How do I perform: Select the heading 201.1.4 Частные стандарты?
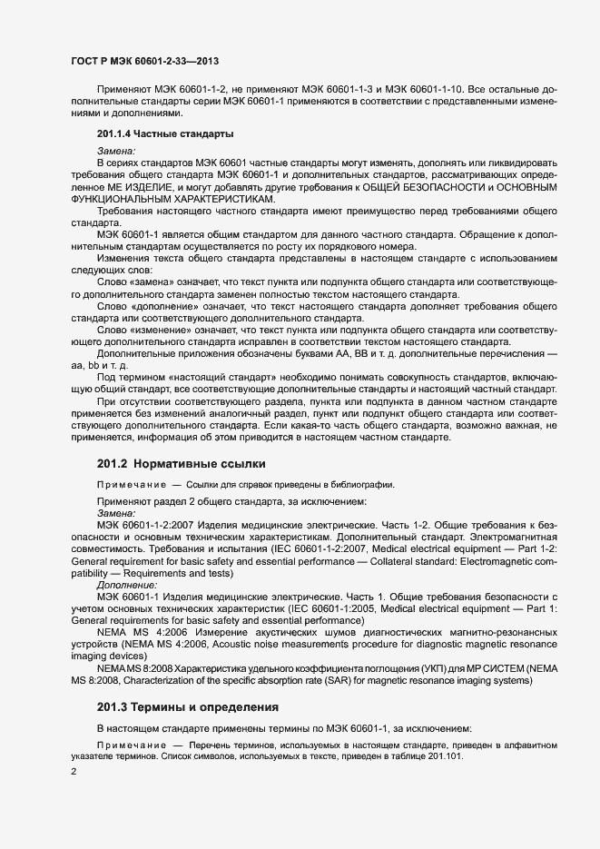(165, 134)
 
